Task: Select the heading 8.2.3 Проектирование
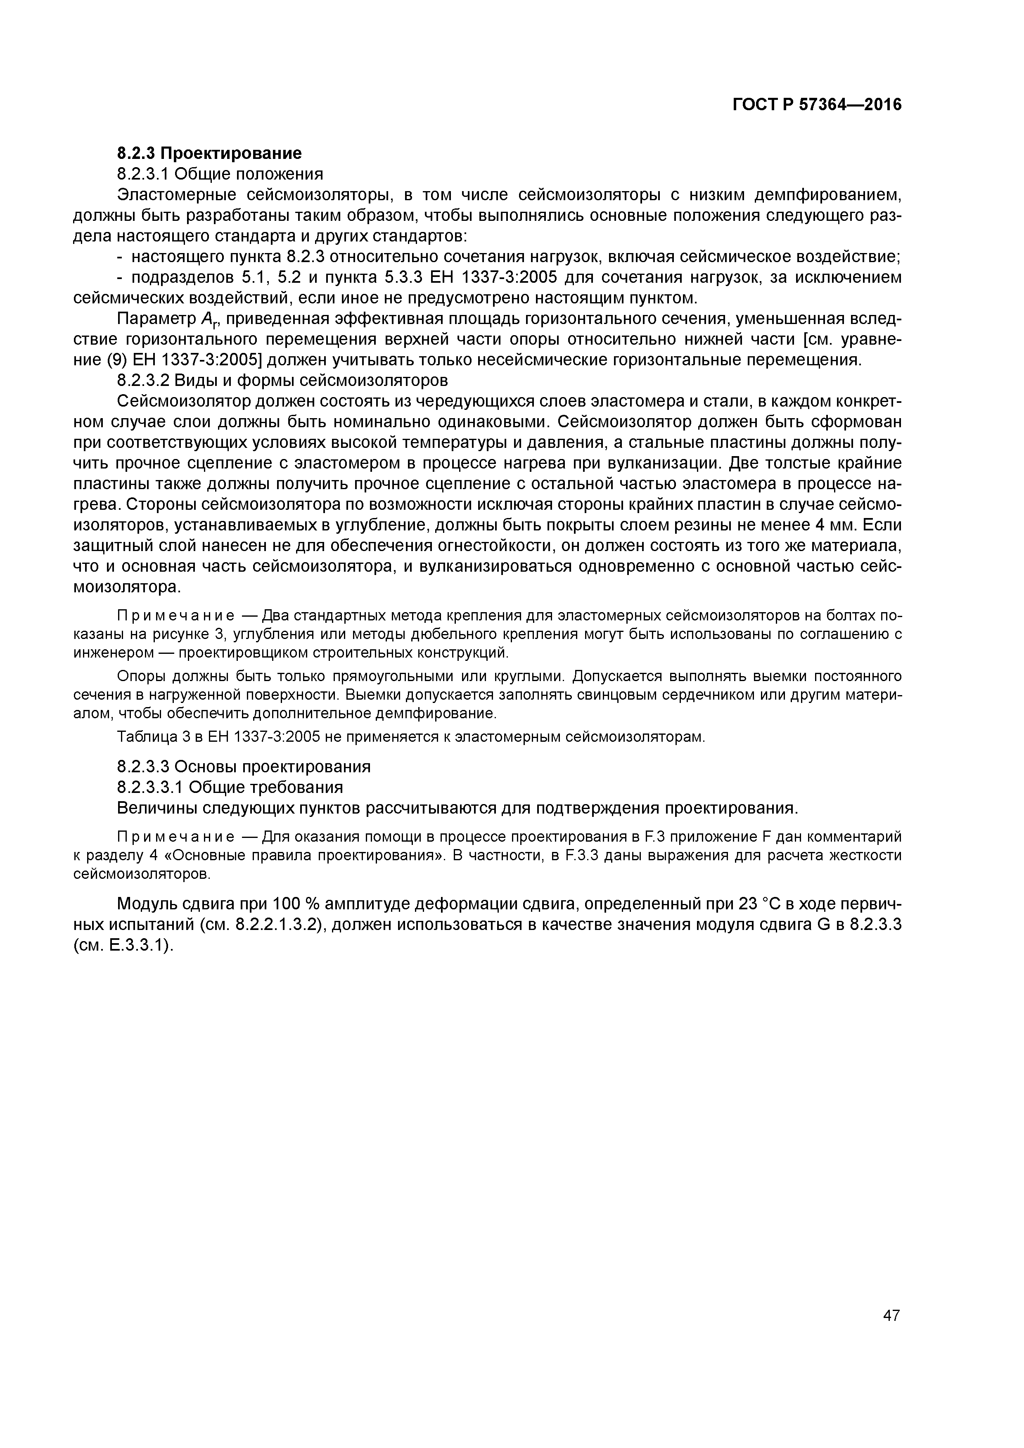pyautogui.click(x=209, y=153)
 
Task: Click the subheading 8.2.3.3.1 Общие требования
pyautogui.click(x=230, y=787)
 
